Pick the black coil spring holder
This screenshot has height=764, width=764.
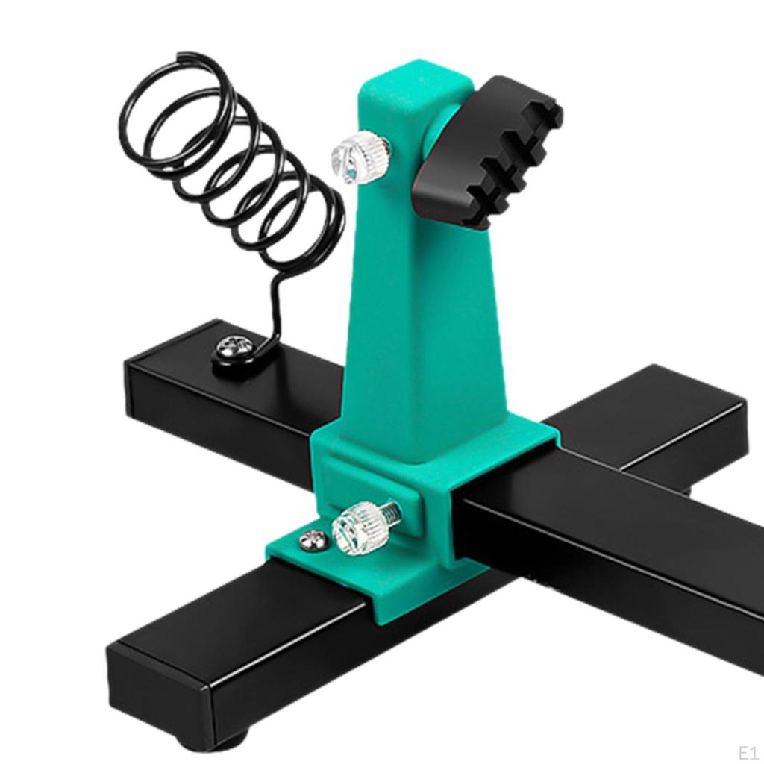tap(231, 164)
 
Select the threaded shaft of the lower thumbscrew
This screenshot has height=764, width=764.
tap(389, 514)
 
